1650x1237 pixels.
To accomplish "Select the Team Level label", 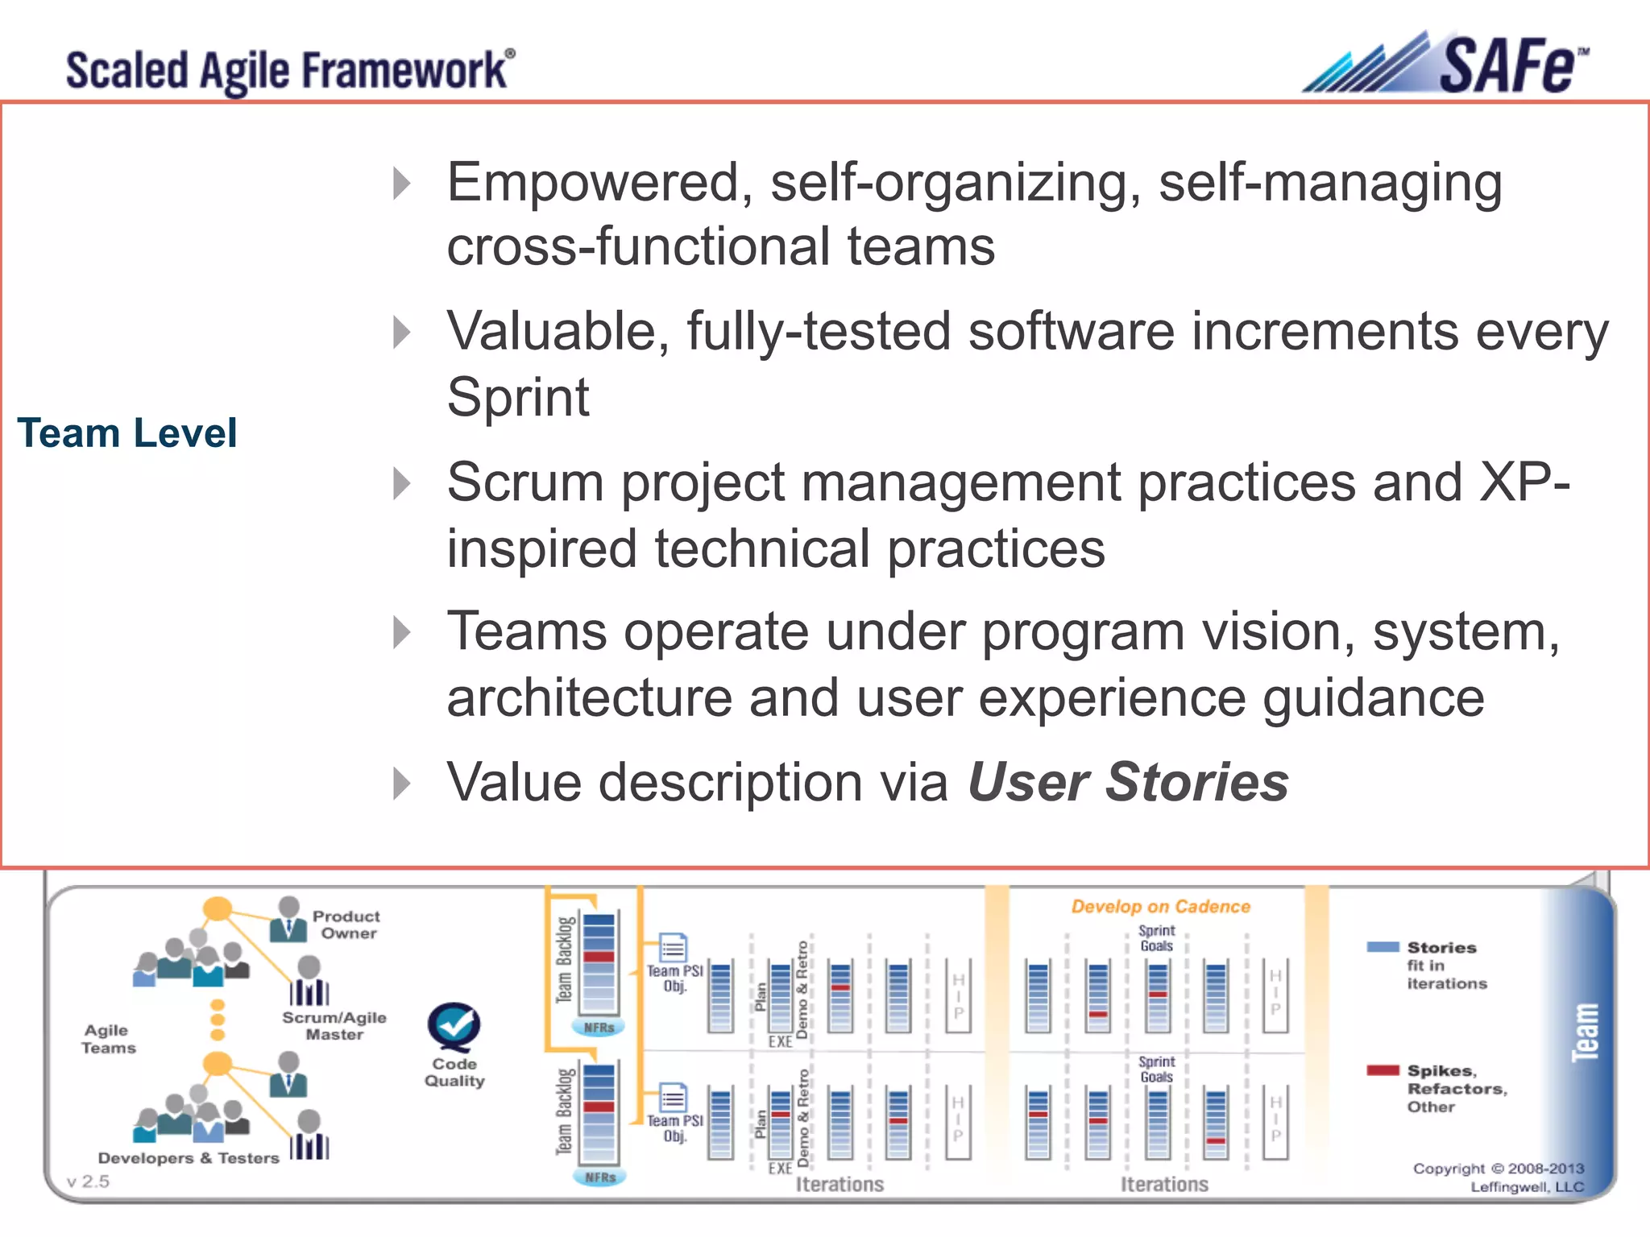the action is [x=127, y=433].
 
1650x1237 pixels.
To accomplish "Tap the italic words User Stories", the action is [x=1128, y=782].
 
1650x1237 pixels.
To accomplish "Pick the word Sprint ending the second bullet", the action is [x=518, y=397].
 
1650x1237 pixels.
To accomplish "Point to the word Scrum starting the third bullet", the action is [x=525, y=483].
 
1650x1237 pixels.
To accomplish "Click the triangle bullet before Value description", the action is [x=402, y=783].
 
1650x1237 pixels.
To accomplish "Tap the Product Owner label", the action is [x=346, y=925].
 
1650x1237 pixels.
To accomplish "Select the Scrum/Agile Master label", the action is [x=334, y=1026].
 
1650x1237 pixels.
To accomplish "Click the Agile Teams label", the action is [x=108, y=1039].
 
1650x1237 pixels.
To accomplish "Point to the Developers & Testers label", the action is [x=189, y=1158].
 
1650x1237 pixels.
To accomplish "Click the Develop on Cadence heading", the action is [x=1160, y=907].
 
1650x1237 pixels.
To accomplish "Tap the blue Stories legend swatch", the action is [x=1383, y=947].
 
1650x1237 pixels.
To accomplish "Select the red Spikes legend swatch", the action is [x=1383, y=1070].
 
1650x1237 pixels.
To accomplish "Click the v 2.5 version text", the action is [x=88, y=1181].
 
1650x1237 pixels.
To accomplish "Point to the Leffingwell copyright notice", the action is [x=1499, y=1177].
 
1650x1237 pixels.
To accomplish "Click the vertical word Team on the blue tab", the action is [x=1585, y=1032].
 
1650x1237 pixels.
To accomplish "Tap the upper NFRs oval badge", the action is [x=599, y=1028].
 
